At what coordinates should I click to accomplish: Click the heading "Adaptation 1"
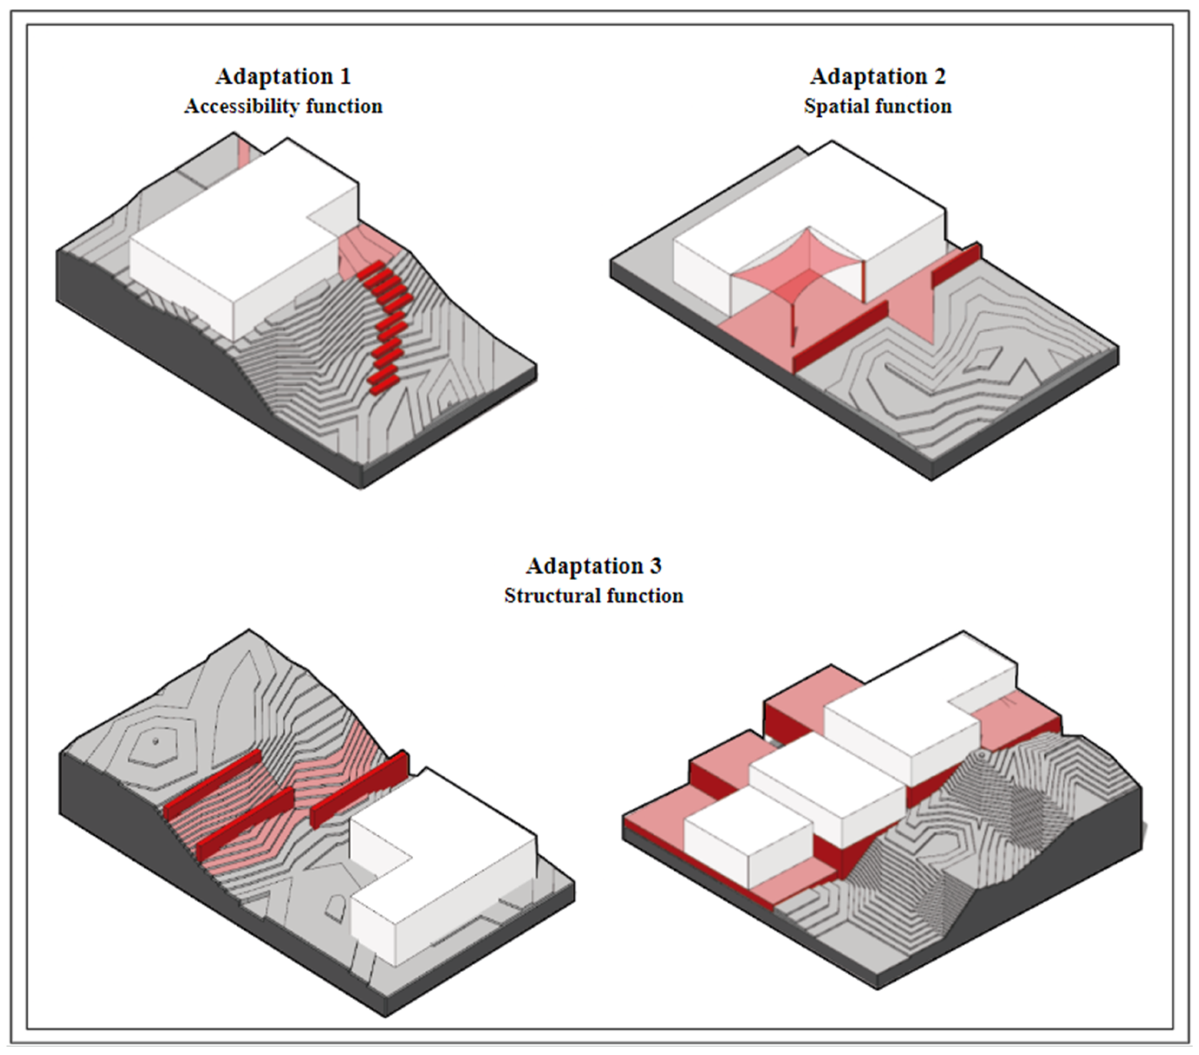(283, 76)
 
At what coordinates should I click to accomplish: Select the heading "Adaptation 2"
(878, 76)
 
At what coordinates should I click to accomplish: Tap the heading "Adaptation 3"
(594, 565)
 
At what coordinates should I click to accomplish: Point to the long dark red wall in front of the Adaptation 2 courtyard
(840, 337)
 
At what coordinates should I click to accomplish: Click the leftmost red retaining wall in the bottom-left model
(213, 785)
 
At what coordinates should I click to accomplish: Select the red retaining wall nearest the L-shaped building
(359, 789)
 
